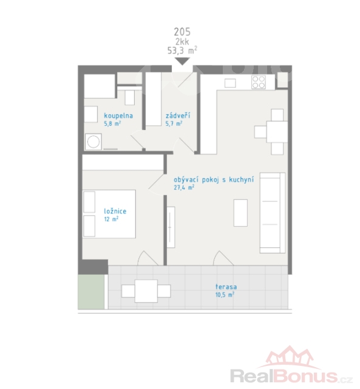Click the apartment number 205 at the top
click(x=182, y=32)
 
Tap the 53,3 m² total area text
click(x=182, y=50)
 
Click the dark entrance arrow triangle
click(x=182, y=61)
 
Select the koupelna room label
click(x=118, y=116)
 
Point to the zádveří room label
click(x=178, y=115)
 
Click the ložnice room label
click(x=115, y=212)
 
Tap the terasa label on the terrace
click(x=226, y=287)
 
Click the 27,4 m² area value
click(x=184, y=188)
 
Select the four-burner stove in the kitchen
click(x=259, y=83)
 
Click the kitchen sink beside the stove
click(x=230, y=83)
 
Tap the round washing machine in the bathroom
click(x=93, y=142)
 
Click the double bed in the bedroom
click(x=109, y=214)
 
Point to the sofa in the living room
click(x=273, y=213)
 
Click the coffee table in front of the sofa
click(x=240, y=213)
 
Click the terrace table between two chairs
click(x=146, y=291)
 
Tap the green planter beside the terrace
click(x=91, y=292)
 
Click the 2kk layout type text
click(x=182, y=41)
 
